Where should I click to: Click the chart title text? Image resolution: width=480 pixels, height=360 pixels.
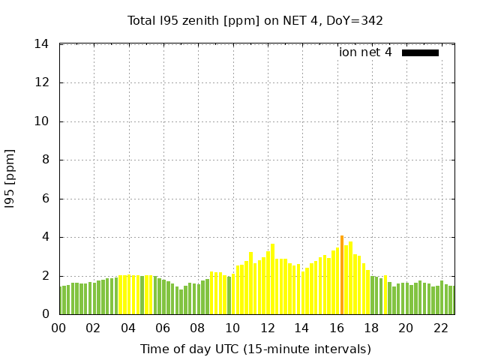click(255, 20)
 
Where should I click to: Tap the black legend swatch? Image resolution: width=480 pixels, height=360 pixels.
click(420, 52)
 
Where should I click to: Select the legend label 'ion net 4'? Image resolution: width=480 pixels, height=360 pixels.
click(365, 52)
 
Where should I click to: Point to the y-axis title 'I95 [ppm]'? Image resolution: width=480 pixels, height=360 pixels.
click(10, 179)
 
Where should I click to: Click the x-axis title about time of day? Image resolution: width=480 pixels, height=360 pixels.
click(255, 349)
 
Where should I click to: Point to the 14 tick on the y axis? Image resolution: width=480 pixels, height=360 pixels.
click(42, 44)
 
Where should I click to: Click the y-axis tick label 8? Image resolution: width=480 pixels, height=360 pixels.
click(45, 160)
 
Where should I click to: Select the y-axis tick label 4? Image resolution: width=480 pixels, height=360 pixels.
click(45, 237)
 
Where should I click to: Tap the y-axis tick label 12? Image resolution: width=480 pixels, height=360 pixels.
click(42, 82)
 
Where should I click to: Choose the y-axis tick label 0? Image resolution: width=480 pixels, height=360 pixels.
click(45, 314)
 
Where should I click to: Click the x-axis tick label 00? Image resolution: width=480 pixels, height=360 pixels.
click(59, 328)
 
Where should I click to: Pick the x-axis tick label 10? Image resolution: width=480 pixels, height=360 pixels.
click(232, 328)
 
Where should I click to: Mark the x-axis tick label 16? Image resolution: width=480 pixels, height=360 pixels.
click(337, 328)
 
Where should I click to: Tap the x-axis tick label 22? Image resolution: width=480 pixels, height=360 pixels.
click(441, 328)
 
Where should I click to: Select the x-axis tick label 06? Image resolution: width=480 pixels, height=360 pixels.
click(163, 328)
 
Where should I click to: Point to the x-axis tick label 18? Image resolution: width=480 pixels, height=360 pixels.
click(371, 328)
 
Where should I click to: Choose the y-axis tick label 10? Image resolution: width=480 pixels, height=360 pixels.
click(42, 121)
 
